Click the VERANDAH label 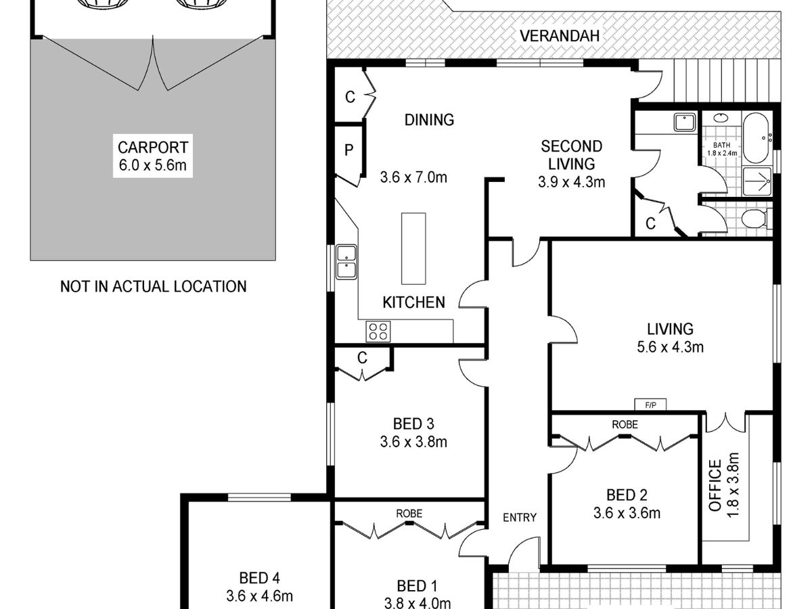(560, 36)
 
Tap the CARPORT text (153, 148)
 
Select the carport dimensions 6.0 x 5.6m (153, 165)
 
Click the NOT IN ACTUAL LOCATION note (153, 286)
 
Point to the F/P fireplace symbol (650, 405)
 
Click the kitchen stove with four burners (378, 332)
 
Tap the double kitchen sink (346, 262)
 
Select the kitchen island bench (413, 248)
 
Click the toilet (755, 219)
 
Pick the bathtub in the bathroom (755, 138)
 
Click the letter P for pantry (348, 150)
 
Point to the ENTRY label (520, 518)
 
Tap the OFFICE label (715, 485)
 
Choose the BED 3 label (413, 424)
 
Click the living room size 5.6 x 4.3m (670, 347)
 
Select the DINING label (429, 120)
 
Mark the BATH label (722, 145)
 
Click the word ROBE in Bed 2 (625, 424)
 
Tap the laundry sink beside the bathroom (684, 122)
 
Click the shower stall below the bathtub (757, 181)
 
